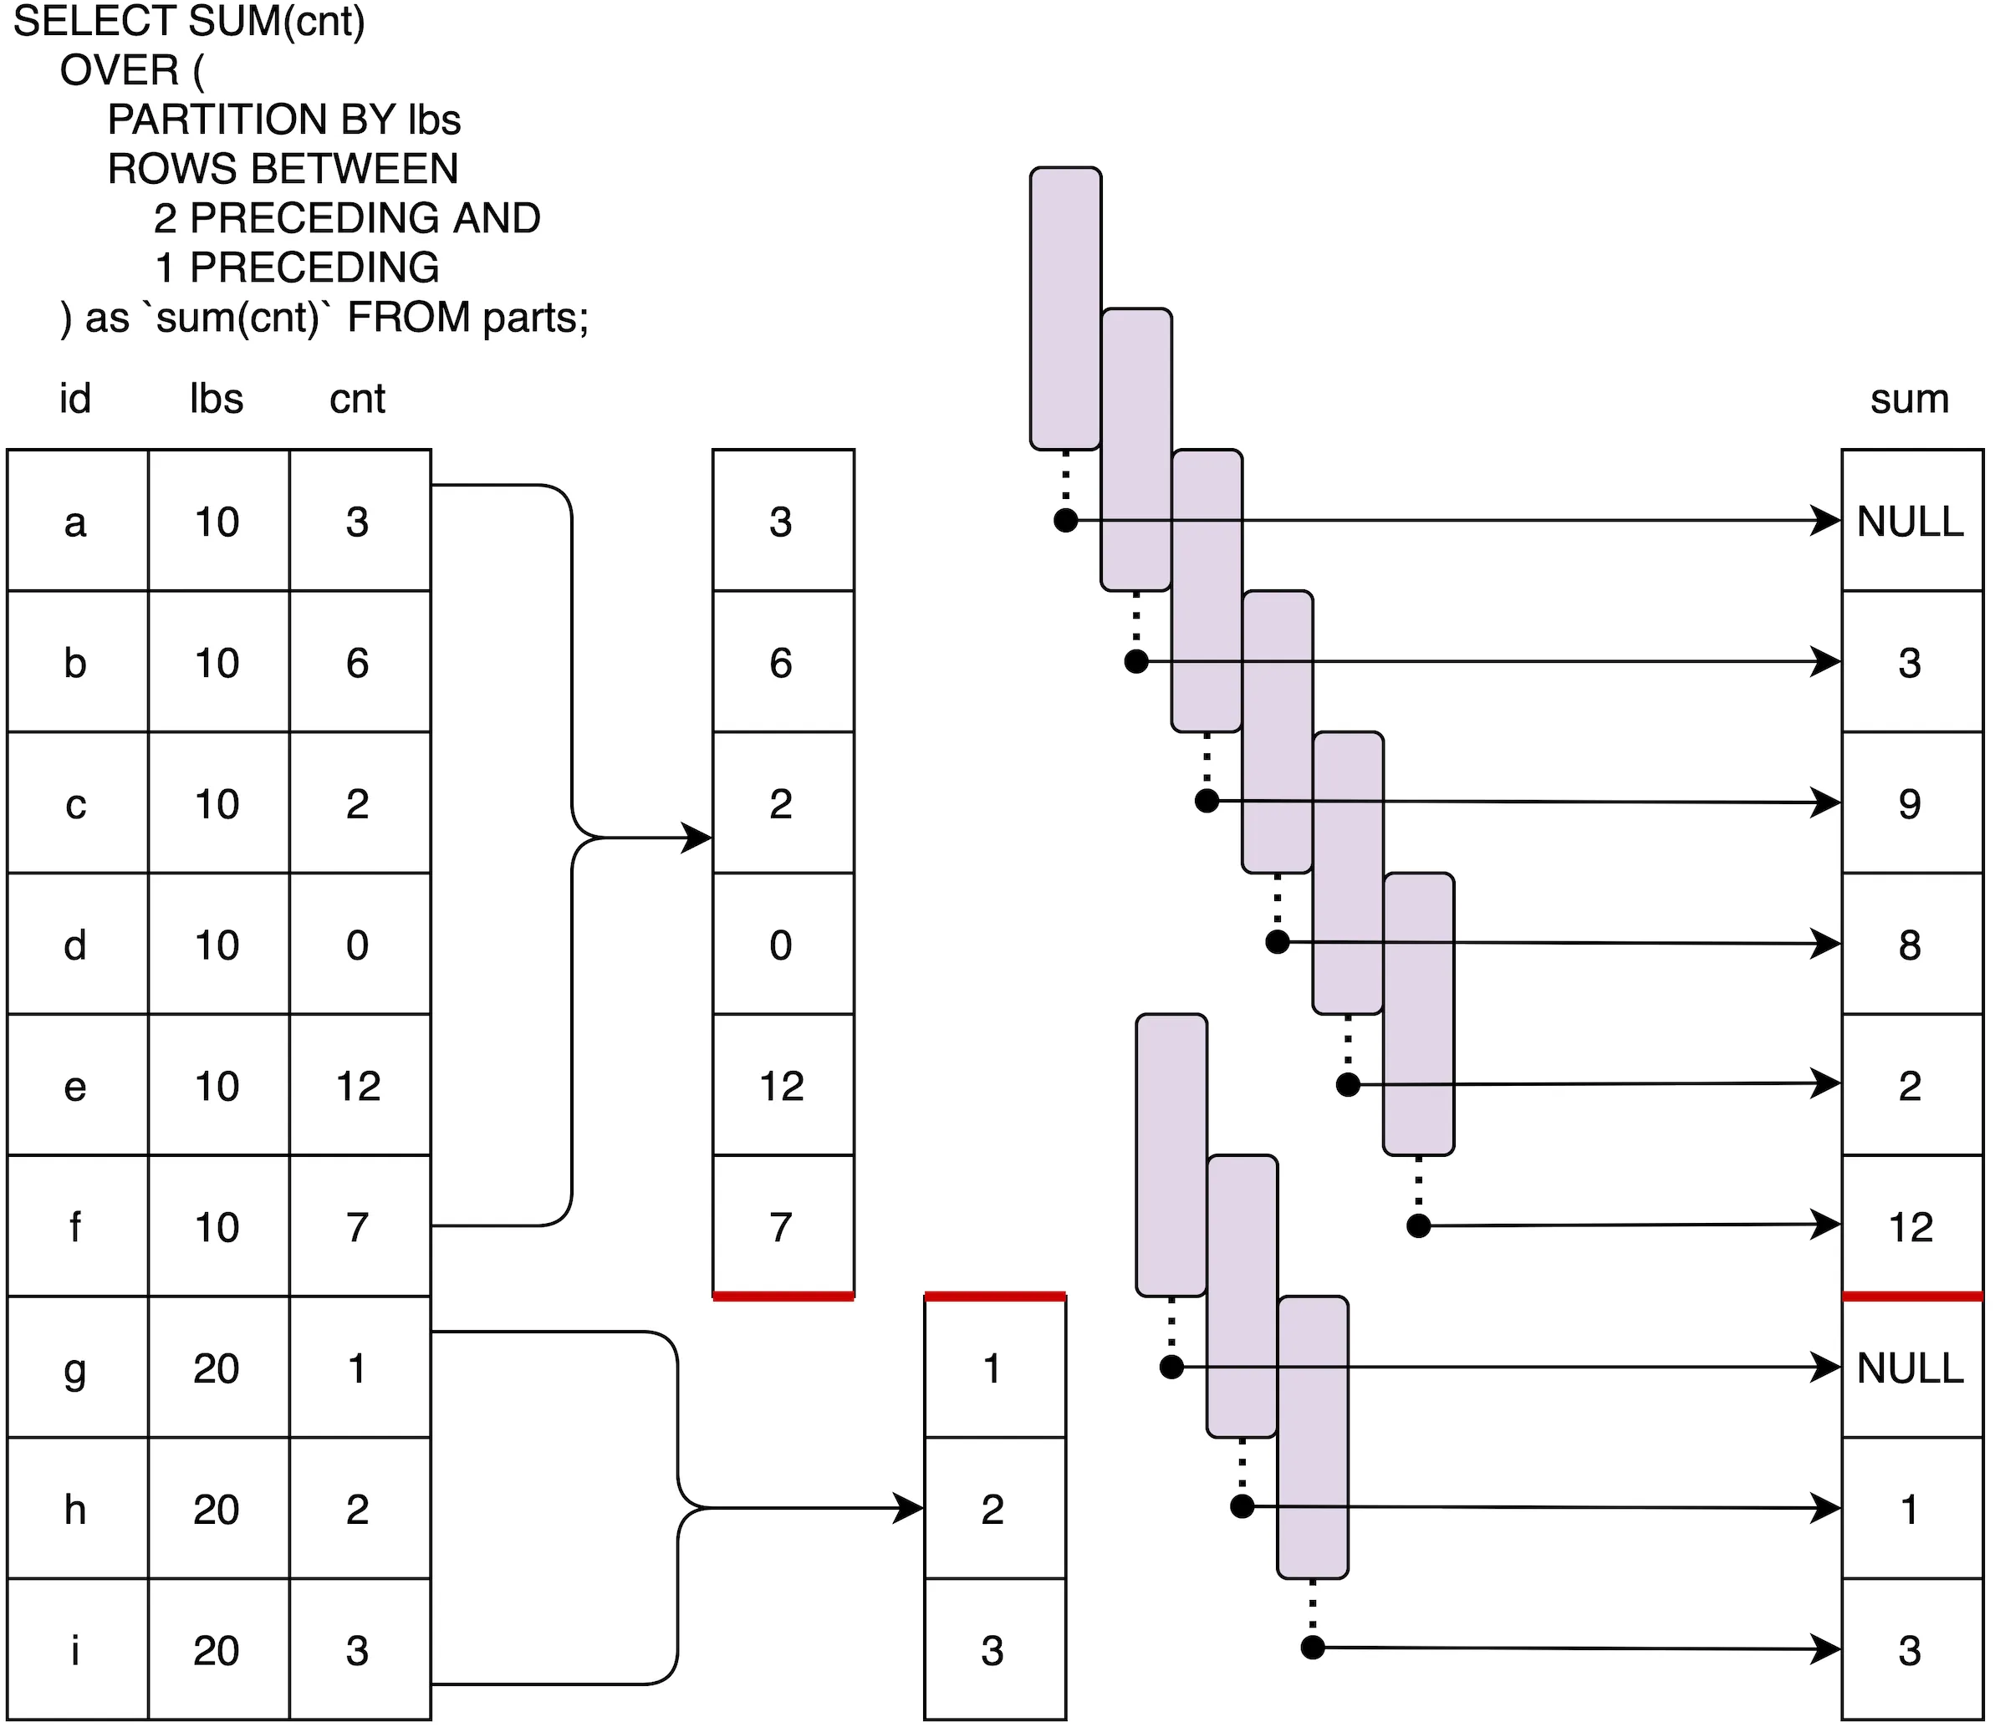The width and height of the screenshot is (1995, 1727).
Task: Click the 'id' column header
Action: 75,399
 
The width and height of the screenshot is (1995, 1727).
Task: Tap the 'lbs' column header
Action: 217,399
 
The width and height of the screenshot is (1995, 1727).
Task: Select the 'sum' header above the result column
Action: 1909,399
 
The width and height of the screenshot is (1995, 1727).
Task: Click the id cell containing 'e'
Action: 76,1086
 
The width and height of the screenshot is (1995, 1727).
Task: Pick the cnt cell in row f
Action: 359,1227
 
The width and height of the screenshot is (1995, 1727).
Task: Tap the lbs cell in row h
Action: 217,1509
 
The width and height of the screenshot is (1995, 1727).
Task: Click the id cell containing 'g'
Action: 76,1368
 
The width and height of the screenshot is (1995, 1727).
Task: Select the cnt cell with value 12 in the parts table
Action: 359,1086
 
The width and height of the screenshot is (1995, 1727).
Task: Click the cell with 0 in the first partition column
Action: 782,945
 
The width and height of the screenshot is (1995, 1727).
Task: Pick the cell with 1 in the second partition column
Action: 992,1368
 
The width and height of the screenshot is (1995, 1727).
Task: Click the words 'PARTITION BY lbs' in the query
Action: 284,120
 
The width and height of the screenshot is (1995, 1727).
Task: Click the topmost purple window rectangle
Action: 1065,308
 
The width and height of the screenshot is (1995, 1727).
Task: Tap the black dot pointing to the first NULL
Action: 1065,521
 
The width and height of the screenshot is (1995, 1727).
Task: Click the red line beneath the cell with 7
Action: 783,1297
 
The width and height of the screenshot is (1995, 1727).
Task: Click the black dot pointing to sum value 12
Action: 1419,1225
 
